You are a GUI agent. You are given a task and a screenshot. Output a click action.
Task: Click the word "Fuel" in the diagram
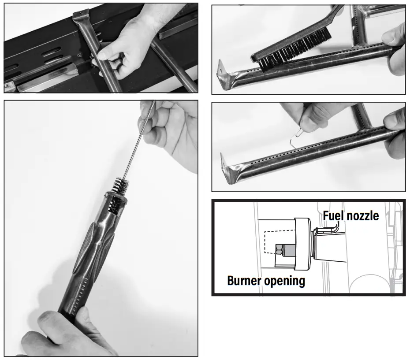(x=334, y=216)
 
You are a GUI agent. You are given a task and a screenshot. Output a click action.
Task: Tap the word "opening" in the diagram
(x=286, y=281)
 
